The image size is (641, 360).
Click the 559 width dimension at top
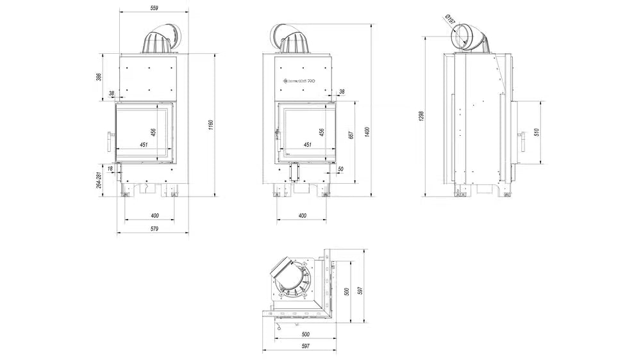click(x=153, y=8)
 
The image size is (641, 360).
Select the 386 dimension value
click(x=99, y=77)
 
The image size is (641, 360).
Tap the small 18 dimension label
click(x=110, y=168)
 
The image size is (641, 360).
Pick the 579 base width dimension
click(x=153, y=228)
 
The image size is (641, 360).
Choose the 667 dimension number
click(x=351, y=135)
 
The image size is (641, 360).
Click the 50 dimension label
click(x=340, y=168)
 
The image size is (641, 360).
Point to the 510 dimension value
click(x=537, y=132)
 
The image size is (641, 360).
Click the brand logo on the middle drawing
click(x=299, y=81)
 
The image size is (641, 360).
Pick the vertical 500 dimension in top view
click(x=347, y=291)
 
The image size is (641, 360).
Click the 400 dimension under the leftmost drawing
click(x=154, y=215)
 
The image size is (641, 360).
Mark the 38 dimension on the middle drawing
click(x=341, y=92)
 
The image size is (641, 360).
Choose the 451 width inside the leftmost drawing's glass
click(x=144, y=145)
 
